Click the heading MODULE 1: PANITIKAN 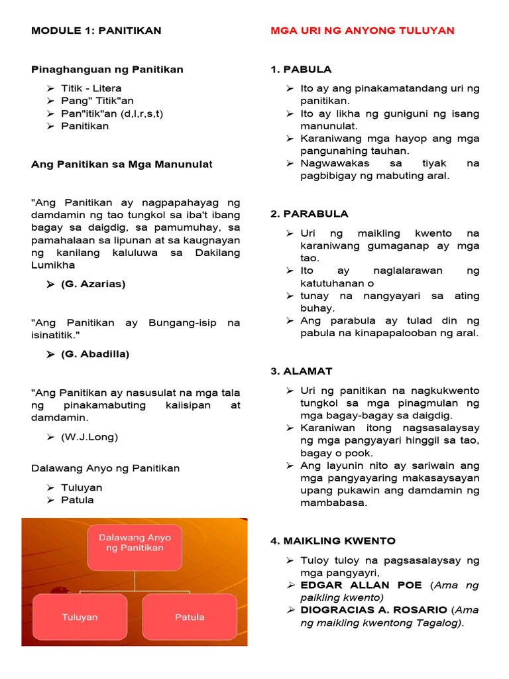pyautogui.click(x=96, y=31)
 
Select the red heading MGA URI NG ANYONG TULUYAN pyautogui.click(x=363, y=31)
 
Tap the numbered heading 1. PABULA pyautogui.click(x=301, y=69)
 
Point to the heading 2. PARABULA pyautogui.click(x=309, y=214)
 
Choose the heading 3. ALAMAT pyautogui.click(x=302, y=371)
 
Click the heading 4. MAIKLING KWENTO pyautogui.click(x=333, y=540)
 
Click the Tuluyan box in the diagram pyautogui.click(x=80, y=617)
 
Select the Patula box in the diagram pyautogui.click(x=189, y=617)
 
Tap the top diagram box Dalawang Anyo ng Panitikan pyautogui.click(x=135, y=542)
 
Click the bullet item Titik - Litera pyautogui.click(x=91, y=88)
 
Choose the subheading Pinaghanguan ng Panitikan pyautogui.click(x=107, y=69)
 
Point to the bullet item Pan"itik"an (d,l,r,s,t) pyautogui.click(x=112, y=113)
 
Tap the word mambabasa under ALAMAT pyautogui.click(x=333, y=503)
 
